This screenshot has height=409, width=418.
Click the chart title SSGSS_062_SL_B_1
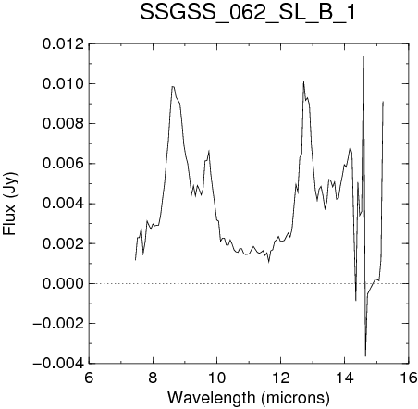[248, 13]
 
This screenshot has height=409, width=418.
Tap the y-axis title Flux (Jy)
[10, 204]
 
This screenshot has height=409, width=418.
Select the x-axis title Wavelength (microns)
[249, 398]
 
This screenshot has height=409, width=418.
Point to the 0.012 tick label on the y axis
[63, 44]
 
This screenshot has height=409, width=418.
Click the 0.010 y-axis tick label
[63, 84]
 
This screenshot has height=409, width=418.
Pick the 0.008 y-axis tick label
[63, 124]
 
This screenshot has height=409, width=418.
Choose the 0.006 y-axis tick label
[63, 164]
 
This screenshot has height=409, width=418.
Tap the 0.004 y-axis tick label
[63, 204]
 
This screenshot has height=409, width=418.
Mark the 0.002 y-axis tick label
[63, 243]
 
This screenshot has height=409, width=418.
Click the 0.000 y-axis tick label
[63, 283]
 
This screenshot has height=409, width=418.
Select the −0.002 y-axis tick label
[58, 324]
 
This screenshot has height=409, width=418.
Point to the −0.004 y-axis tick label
[58, 364]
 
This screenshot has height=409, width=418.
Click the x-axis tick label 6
[89, 378]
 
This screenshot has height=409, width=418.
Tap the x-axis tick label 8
[153, 378]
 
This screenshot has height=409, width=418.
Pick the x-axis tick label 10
[217, 378]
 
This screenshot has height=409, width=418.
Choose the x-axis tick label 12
[281, 378]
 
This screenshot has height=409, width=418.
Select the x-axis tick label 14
[345, 378]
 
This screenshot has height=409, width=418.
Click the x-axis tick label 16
[409, 378]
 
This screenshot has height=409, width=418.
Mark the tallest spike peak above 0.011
[363, 57]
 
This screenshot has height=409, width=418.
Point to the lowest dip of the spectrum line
[365, 355]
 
